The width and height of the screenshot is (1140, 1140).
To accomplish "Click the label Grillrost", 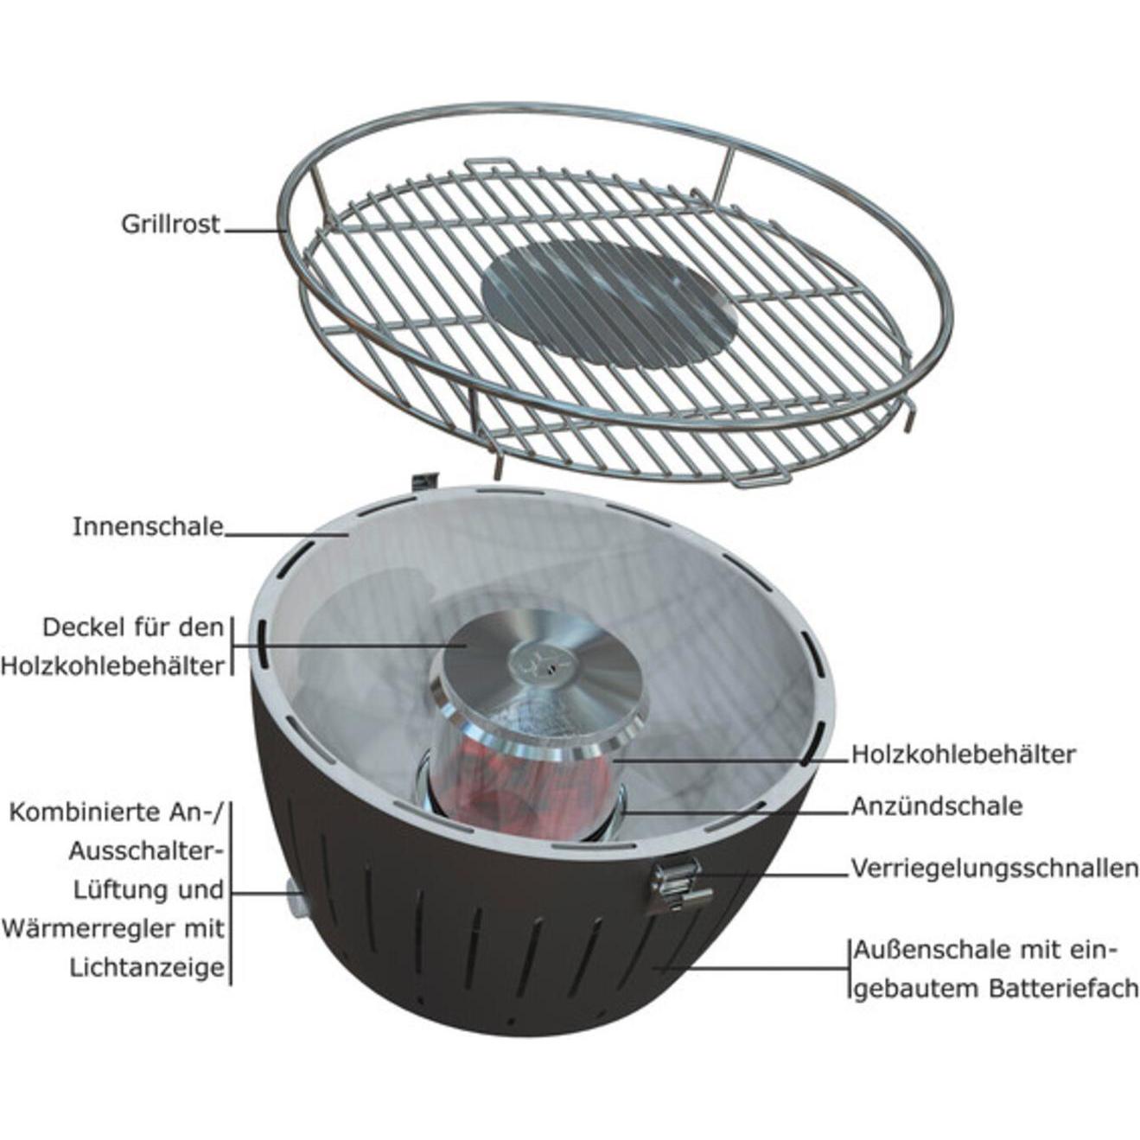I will pos(170,225).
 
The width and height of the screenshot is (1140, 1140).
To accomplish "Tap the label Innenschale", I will pos(148,526).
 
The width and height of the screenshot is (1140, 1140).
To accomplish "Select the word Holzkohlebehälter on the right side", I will pos(963,754).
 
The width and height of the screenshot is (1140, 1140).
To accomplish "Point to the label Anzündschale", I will pos(936,806).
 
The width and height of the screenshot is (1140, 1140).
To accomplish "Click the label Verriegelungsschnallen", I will pos(994,868).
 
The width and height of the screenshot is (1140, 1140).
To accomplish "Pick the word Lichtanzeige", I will pos(147,968).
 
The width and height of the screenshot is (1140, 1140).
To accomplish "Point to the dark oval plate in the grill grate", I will pos(609,303).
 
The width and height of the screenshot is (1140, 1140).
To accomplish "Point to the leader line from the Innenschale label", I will pos(285,535).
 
